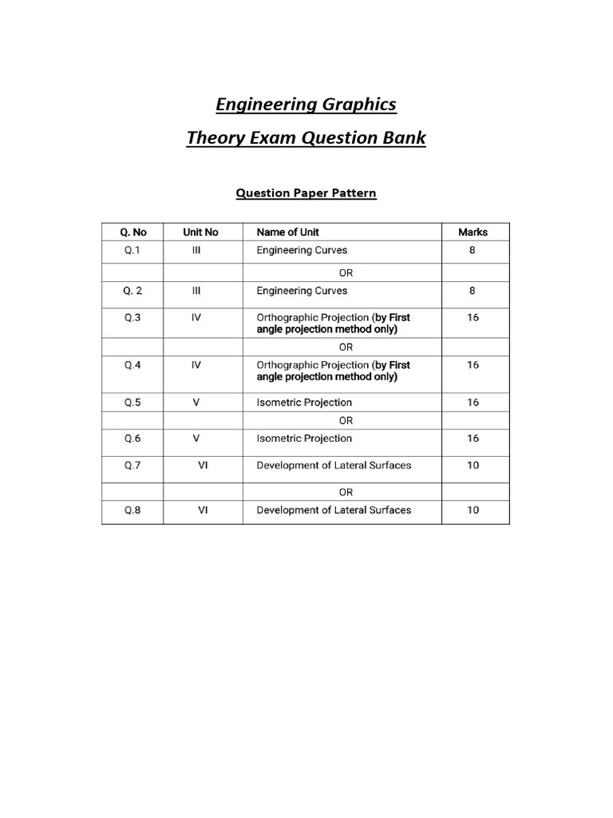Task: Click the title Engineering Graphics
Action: pyautogui.click(x=306, y=105)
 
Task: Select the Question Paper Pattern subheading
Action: pyautogui.click(x=306, y=193)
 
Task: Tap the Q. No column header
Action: pyautogui.click(x=133, y=232)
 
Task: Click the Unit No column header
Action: pyautogui.click(x=200, y=232)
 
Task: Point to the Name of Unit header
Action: pyautogui.click(x=287, y=232)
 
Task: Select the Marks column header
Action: pyautogui.click(x=473, y=232)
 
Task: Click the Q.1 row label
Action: pyautogui.click(x=132, y=250)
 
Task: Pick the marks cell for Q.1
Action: pyautogui.click(x=473, y=250)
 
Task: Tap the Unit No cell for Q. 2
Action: pyautogui.click(x=196, y=291)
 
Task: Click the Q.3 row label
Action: pyautogui.click(x=132, y=317)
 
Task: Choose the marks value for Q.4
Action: pyautogui.click(x=473, y=365)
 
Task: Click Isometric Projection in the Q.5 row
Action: pyautogui.click(x=303, y=403)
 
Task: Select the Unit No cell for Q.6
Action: pyautogui.click(x=196, y=439)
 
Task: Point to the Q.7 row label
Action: pyautogui.click(x=132, y=465)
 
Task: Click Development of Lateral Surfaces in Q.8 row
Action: pyautogui.click(x=334, y=510)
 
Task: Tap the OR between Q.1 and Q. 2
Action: pyautogui.click(x=346, y=272)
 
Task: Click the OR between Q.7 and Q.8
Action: pyautogui.click(x=346, y=492)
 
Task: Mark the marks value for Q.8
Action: pyautogui.click(x=473, y=510)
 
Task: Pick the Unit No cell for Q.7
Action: pyautogui.click(x=203, y=465)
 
